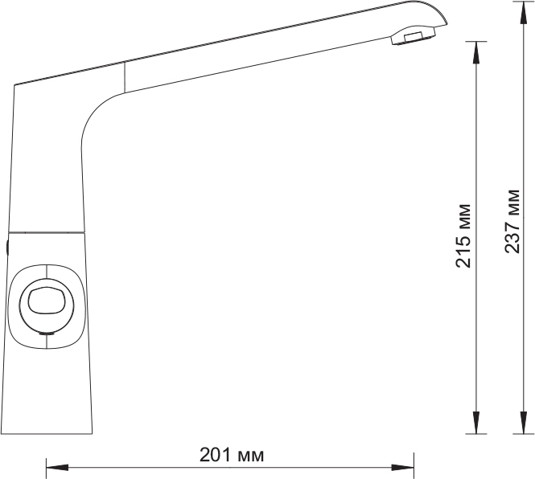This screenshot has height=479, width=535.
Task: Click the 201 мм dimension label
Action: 232,455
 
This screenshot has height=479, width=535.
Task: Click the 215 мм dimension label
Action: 463,236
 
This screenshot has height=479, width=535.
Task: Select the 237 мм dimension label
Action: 512,221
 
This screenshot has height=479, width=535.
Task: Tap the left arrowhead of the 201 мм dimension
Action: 57,468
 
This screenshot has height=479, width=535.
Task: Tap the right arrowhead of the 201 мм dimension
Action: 402,468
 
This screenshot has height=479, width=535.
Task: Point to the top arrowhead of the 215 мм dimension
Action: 476,52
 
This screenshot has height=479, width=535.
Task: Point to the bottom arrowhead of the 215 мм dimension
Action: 476,423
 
